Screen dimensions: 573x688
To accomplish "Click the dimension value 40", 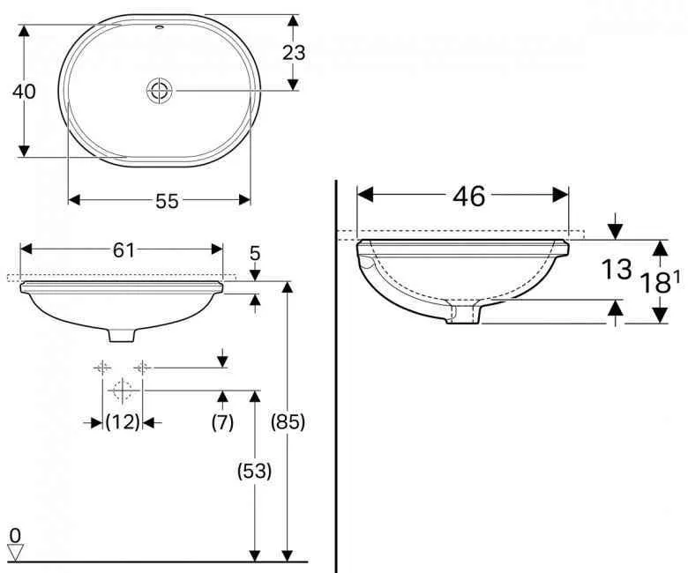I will coord(25,91).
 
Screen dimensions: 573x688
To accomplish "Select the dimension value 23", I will coord(294,52).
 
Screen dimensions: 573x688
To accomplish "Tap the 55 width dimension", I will coord(167,201).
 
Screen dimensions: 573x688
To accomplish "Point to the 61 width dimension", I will coord(123,250).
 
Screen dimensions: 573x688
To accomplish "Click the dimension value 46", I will coord(468,196).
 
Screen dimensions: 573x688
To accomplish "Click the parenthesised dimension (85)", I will coord(287,422).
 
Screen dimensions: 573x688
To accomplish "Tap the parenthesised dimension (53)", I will coord(254,471).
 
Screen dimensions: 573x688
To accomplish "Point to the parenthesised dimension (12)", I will coord(123,422).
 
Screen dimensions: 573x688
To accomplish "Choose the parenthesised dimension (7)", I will coord(222,422).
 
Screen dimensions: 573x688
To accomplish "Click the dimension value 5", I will coord(255,254).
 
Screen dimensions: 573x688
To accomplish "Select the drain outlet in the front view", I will coord(121,335).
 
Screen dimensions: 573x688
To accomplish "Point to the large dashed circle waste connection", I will coord(122,389).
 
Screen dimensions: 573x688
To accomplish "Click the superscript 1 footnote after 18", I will coord(677,276).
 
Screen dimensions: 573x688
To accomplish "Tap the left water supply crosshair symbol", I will coord(102,368).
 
